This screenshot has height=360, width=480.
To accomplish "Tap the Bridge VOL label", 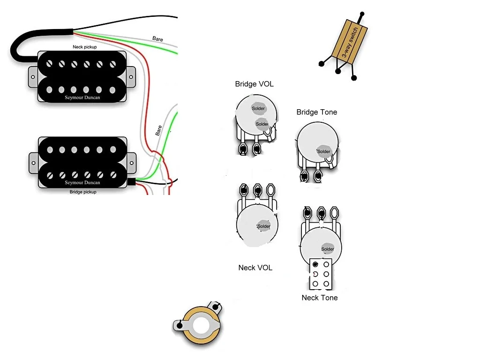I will pos(254,84).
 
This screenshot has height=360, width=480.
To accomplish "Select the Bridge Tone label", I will pos(317,112).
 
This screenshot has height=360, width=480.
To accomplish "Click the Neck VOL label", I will pos(255,268).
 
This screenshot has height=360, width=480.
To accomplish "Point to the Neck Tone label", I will pos(319,298).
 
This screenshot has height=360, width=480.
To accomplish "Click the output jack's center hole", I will pos(201,325).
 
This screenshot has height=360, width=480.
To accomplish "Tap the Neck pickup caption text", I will pos(85,47).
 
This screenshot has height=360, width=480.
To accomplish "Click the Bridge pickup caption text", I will pos(83,192).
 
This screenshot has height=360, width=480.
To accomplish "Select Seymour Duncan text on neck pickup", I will pos(82,97).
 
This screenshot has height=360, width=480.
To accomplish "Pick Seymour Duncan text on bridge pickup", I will pos(82,182).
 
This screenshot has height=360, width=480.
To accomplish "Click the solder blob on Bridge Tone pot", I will pos(323,151).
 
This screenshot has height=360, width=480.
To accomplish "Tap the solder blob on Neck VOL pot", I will pos(264,226).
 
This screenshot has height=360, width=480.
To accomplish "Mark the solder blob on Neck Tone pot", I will pos(327,248).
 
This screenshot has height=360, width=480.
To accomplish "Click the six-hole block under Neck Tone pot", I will pos(321,274).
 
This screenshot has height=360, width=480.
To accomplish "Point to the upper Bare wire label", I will pos(157,39).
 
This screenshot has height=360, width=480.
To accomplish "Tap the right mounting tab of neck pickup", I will pos(131,76).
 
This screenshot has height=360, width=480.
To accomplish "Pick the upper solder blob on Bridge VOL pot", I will pos(258,108).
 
